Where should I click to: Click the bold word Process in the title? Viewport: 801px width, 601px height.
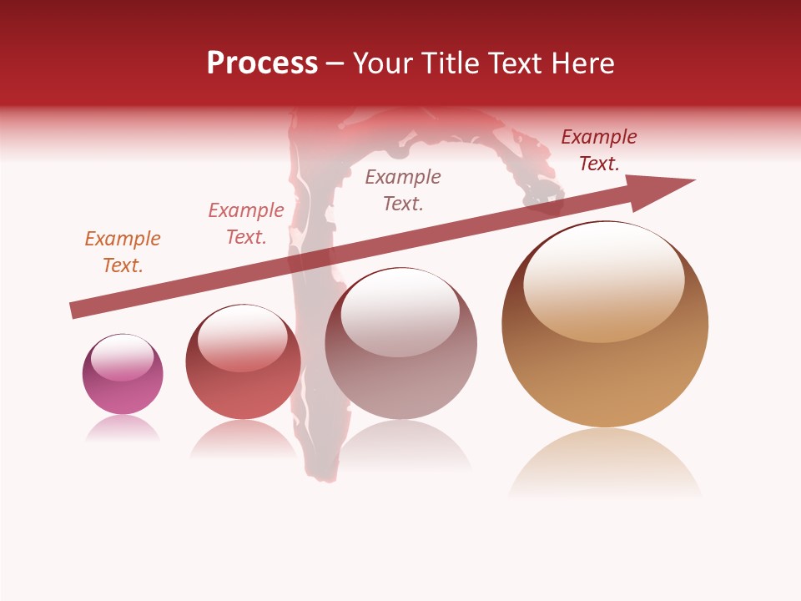click(262, 63)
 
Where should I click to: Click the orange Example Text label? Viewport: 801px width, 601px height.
click(123, 252)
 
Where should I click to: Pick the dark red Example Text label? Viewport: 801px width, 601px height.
click(598, 150)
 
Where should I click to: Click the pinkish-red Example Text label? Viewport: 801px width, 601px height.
click(246, 224)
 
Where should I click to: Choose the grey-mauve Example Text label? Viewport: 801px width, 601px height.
click(403, 190)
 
